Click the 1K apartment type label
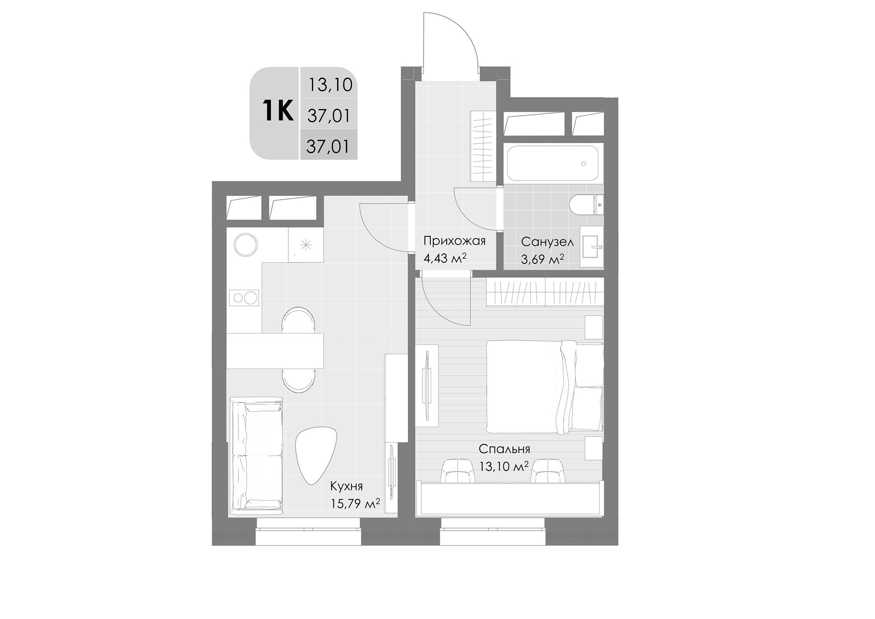point(278,111)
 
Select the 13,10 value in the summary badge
point(330,85)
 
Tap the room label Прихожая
point(454,241)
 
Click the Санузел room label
point(547,242)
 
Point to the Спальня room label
point(504,449)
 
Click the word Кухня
point(346,486)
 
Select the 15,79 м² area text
point(355,504)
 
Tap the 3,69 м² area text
point(542,259)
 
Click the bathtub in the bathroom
point(553,163)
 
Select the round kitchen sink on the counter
point(246,244)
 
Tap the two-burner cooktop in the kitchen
point(244,298)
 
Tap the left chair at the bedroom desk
point(457,471)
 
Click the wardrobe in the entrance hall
point(482,146)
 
